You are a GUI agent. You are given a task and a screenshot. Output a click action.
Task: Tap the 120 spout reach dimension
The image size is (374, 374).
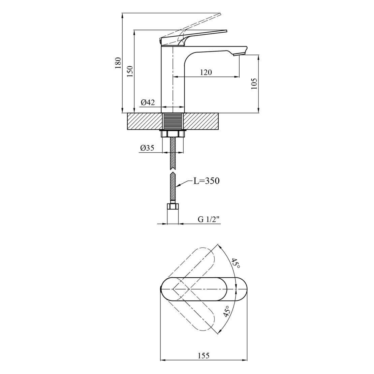click(206, 72)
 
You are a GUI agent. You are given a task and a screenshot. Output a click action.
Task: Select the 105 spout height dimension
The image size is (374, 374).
click(254, 84)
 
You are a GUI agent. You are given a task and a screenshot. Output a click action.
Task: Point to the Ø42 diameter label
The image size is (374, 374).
click(148, 102)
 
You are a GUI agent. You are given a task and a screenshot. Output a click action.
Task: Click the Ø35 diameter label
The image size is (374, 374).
click(147, 148)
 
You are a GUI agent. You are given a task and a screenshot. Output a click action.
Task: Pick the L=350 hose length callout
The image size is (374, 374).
click(206, 181)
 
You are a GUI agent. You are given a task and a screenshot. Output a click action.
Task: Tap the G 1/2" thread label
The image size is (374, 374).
click(208, 219)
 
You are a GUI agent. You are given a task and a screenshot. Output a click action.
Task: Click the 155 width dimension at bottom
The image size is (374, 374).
click(204, 355)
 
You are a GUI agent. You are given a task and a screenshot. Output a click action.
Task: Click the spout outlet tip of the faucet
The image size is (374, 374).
click(239, 54)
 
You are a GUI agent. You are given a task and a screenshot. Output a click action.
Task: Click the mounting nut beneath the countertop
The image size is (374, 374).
click(173, 133)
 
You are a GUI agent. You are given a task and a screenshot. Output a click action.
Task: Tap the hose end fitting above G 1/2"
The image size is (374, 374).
click(173, 206)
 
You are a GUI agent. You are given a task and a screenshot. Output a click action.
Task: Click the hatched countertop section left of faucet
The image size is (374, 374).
click(145, 121)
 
